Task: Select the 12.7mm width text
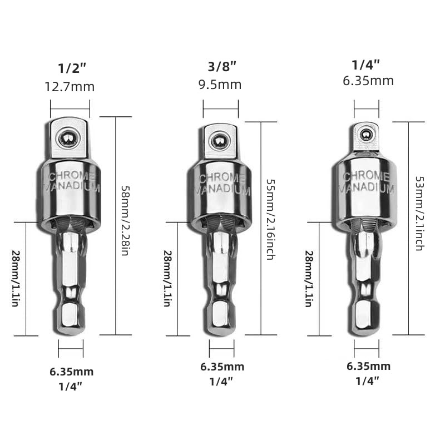click(x=70, y=87)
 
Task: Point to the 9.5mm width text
click(x=221, y=85)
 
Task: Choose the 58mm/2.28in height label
click(x=125, y=220)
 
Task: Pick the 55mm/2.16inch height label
click(x=270, y=219)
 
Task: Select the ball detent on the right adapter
click(x=366, y=134)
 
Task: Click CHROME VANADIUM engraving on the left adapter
click(x=71, y=182)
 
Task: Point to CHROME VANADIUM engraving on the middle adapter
click(x=221, y=184)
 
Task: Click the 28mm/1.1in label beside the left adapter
click(x=16, y=278)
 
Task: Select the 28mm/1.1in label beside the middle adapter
click(x=167, y=278)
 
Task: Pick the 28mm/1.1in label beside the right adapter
click(x=308, y=278)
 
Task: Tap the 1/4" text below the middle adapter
click(x=221, y=381)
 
